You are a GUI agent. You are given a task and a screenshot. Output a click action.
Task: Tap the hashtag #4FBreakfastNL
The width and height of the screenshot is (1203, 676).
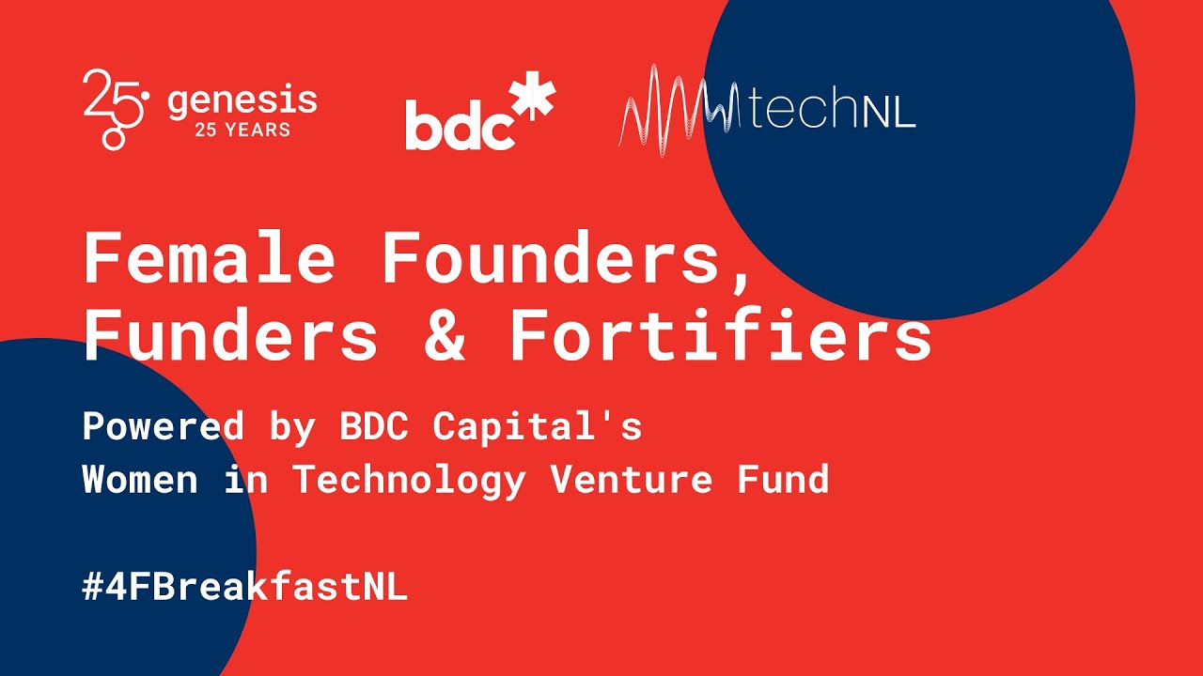(244, 588)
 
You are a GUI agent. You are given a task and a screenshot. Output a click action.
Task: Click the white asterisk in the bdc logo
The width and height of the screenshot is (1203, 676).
(533, 100)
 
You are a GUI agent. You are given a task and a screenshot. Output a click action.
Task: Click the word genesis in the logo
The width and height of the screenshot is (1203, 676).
(242, 100)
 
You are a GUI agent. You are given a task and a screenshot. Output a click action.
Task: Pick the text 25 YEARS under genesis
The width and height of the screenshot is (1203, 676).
(242, 130)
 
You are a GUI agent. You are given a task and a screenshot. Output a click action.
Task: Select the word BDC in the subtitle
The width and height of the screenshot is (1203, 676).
(375, 426)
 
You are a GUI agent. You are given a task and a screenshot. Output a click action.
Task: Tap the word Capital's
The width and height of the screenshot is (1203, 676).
(537, 426)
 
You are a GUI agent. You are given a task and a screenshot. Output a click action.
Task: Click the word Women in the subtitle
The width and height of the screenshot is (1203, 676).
(140, 480)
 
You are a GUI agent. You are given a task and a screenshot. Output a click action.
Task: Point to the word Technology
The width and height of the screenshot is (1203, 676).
(409, 481)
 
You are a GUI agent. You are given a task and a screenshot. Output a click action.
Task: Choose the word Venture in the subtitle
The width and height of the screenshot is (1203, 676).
(632, 480)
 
